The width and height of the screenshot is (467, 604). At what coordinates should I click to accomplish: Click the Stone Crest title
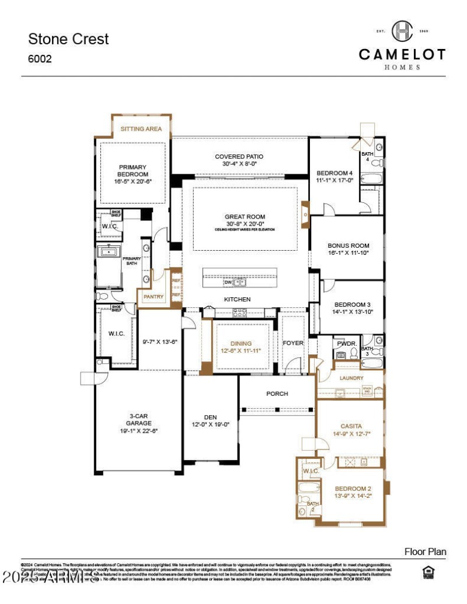click(x=68, y=39)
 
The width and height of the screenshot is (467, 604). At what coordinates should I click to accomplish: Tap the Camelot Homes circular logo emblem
click(x=402, y=30)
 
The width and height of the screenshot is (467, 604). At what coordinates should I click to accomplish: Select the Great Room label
click(x=245, y=217)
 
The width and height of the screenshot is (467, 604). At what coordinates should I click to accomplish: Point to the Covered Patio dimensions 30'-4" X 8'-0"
click(x=239, y=164)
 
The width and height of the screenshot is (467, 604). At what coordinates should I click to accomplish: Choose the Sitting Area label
click(x=141, y=129)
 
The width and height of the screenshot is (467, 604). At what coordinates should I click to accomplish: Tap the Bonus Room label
click(x=348, y=246)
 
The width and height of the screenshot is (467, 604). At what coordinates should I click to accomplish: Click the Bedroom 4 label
click(x=334, y=173)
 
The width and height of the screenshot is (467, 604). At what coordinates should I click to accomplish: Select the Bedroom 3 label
click(x=352, y=304)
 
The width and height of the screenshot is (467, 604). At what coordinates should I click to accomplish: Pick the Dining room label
click(x=241, y=343)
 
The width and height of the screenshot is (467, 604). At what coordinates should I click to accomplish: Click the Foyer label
click(x=293, y=343)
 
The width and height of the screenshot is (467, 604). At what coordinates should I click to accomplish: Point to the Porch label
click(x=277, y=394)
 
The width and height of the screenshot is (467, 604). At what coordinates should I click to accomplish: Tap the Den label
click(x=210, y=417)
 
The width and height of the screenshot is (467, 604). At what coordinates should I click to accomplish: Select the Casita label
click(x=351, y=426)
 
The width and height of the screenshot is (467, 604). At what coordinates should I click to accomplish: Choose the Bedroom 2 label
click(x=353, y=488)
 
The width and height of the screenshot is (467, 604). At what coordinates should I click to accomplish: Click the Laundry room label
click(x=351, y=378)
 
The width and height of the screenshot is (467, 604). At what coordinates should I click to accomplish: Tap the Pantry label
click(x=154, y=297)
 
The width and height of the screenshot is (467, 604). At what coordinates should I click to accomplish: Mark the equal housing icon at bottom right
click(x=427, y=573)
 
